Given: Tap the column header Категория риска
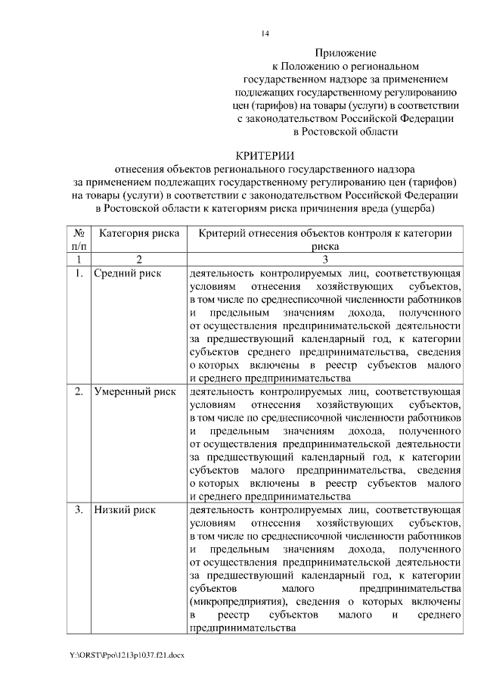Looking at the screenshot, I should tap(139, 233).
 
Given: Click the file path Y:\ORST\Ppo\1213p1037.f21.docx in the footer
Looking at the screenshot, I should tap(126, 653).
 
